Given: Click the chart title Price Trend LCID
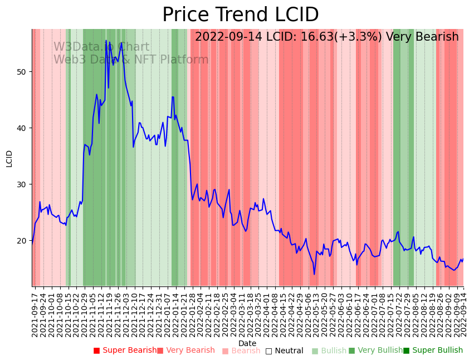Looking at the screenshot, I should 240,15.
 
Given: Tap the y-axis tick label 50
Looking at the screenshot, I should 22,72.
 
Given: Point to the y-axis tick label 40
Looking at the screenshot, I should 22,128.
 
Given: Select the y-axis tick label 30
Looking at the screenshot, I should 22,184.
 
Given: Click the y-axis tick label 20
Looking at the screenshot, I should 22,241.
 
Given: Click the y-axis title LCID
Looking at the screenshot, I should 9,158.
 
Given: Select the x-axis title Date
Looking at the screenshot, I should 247,344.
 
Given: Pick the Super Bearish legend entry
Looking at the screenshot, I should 125,351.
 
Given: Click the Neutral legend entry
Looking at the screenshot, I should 285,351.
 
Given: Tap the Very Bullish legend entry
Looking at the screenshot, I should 375,351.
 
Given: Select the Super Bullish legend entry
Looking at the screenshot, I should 433,351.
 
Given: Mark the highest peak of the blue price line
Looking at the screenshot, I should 106,40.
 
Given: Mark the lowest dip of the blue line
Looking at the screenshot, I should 314,274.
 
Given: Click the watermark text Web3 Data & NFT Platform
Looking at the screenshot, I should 131,60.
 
